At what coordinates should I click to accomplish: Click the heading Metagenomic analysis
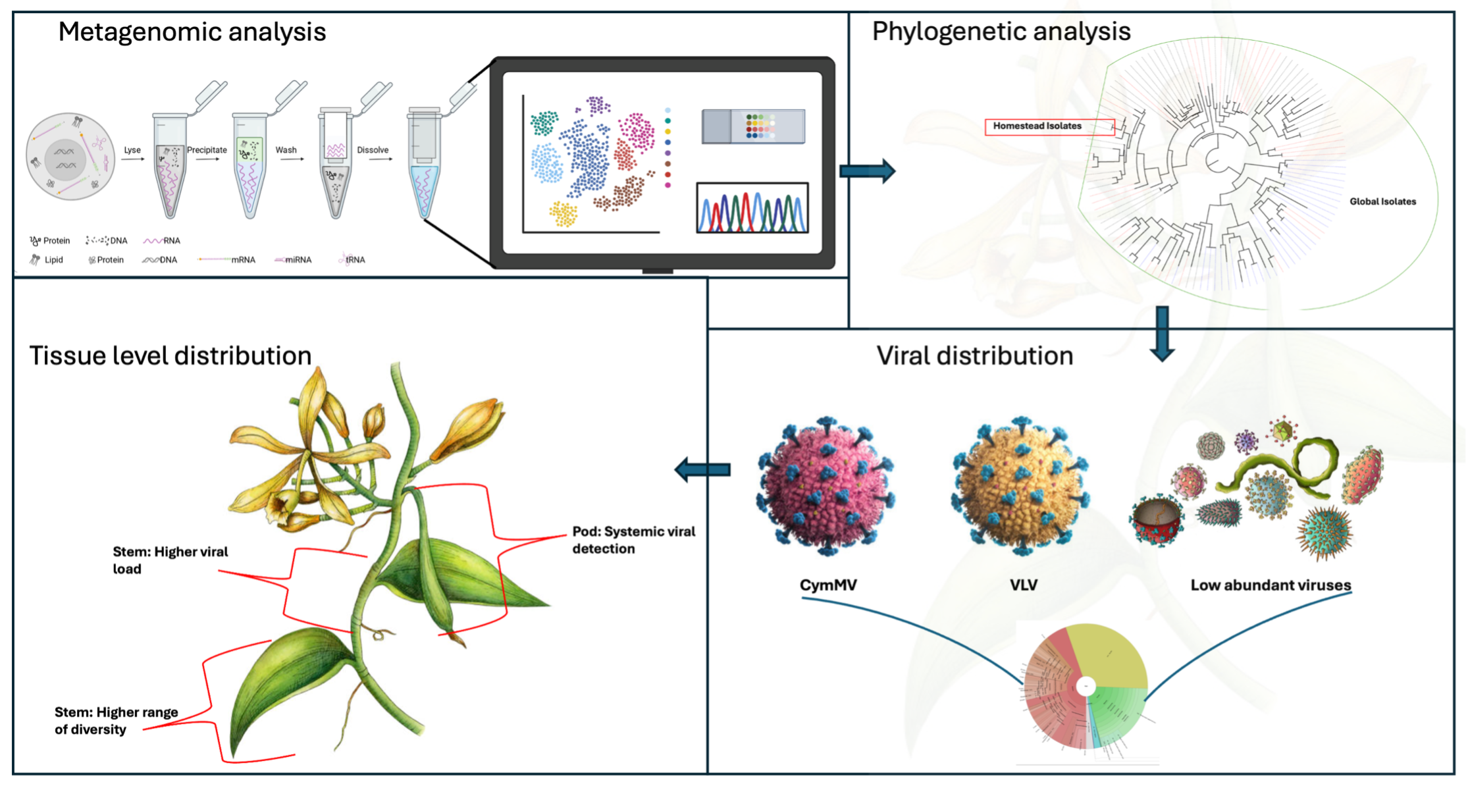coord(192,32)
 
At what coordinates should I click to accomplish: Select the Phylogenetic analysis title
coord(1001,31)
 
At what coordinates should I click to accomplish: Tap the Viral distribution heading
coord(974,355)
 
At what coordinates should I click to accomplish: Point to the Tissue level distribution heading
coord(170,355)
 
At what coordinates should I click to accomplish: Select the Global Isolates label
coord(1382,201)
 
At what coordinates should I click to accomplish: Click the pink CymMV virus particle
coord(826,486)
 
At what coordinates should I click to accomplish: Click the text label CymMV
coord(827,585)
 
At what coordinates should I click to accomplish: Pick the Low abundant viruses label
coord(1270,585)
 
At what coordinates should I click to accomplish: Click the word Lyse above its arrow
coord(132,150)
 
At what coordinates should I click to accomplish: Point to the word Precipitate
coord(207,150)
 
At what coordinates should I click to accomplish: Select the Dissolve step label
coord(373,150)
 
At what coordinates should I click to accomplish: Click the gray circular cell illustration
coord(70,157)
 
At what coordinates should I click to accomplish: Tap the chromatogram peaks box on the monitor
coord(752,208)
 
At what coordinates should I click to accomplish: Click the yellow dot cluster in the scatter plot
coord(564,213)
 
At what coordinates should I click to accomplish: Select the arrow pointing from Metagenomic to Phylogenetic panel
coord(867,171)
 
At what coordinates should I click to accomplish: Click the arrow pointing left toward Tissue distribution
coord(703,469)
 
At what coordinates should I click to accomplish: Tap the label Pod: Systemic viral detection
coord(633,540)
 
